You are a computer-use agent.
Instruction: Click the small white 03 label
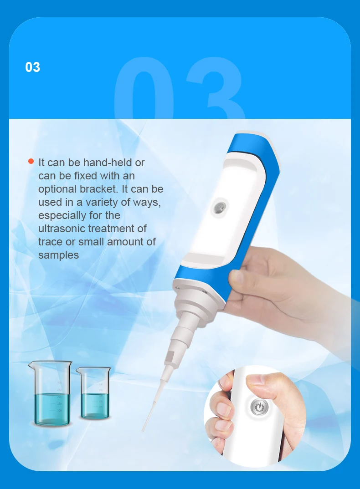point(33,67)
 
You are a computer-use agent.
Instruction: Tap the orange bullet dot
point(31,161)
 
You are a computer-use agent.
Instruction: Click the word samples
point(58,255)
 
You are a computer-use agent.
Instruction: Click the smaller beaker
point(94,394)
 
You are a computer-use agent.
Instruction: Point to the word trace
point(50,242)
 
